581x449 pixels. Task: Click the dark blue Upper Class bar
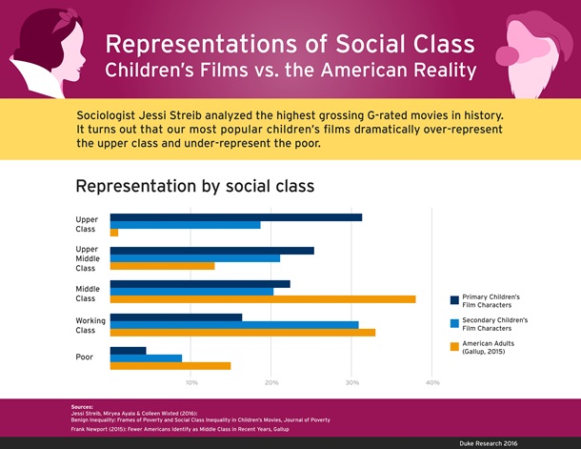[235, 217]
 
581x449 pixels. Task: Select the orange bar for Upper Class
[114, 233]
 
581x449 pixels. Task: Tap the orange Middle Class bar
[263, 299]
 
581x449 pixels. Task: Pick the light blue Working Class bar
[234, 325]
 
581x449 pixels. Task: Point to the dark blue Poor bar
[129, 350]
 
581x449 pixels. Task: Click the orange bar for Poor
[170, 366]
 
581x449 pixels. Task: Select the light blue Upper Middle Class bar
[195, 258]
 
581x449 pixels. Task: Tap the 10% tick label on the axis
[191, 382]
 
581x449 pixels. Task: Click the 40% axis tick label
[432, 382]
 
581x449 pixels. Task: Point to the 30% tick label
[352, 382]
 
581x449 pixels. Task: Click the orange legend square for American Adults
[454, 347]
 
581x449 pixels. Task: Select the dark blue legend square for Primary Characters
[454, 301]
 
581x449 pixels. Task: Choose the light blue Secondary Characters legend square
[454, 324]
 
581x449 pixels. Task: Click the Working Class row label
[90, 325]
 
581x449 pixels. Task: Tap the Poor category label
[84, 357]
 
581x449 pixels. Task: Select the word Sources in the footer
[82, 407]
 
